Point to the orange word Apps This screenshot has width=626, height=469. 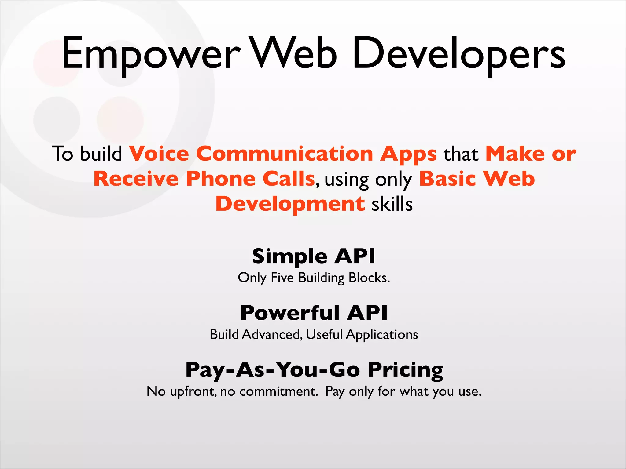click(x=408, y=155)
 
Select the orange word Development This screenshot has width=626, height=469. click(x=290, y=204)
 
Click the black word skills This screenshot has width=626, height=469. click(x=392, y=204)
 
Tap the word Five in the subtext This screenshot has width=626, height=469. click(x=282, y=278)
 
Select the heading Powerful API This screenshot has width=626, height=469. click(x=314, y=313)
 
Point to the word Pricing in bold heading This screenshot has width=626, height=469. click(x=405, y=370)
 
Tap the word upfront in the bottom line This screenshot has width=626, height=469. click(x=193, y=392)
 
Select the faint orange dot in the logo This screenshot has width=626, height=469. click(x=120, y=120)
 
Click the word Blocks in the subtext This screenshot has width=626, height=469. click(x=369, y=278)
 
